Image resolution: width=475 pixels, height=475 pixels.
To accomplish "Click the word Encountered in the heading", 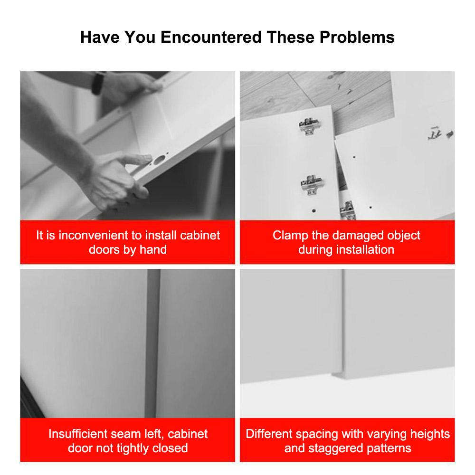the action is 211,37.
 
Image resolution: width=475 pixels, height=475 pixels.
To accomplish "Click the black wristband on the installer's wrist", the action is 97,83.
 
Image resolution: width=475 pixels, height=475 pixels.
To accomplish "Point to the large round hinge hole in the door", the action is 159,160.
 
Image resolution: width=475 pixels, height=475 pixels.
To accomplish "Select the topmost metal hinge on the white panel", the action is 309,126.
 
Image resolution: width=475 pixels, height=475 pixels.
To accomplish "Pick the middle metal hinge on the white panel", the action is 312,184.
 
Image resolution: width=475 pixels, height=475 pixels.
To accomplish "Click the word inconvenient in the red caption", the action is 93,236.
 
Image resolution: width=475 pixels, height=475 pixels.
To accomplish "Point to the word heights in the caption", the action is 430,434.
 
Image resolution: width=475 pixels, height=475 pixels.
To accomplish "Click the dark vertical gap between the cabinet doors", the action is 152,343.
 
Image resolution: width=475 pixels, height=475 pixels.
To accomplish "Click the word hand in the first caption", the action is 153,250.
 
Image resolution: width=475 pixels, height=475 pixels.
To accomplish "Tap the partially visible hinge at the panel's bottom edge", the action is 348,210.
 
